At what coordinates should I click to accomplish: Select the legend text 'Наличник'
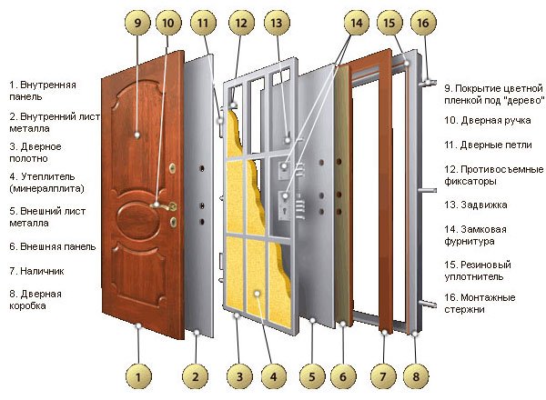tap(36, 271)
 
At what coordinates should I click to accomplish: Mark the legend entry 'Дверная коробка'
tap(35, 301)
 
